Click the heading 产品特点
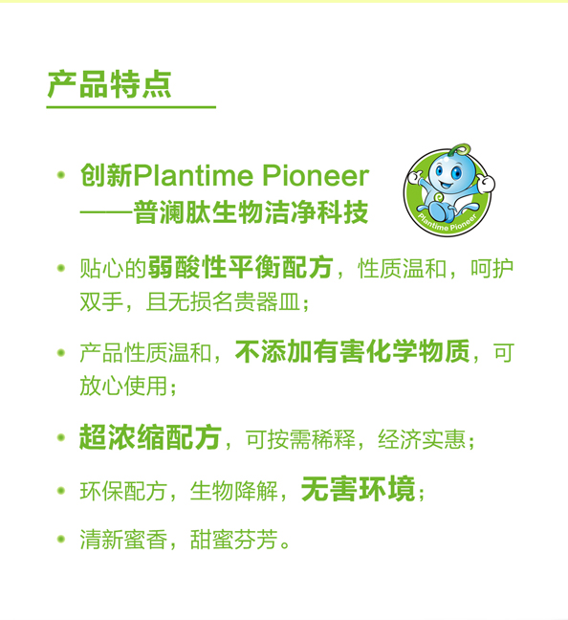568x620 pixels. (110, 84)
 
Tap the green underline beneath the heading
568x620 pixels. (131, 107)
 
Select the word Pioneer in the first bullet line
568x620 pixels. (315, 175)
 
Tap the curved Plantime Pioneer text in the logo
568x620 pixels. (448, 222)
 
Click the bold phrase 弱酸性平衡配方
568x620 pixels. (241, 268)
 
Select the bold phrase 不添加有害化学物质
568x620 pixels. (353, 351)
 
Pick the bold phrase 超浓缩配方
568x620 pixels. (150, 437)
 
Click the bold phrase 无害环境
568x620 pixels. (359, 489)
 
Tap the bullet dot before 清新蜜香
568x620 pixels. (61, 539)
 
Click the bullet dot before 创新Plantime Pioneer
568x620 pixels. (61, 174)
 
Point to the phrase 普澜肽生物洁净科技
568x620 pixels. (251, 212)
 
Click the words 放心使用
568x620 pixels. (123, 386)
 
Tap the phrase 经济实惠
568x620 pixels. (422, 439)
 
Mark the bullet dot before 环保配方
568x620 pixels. (61, 491)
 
